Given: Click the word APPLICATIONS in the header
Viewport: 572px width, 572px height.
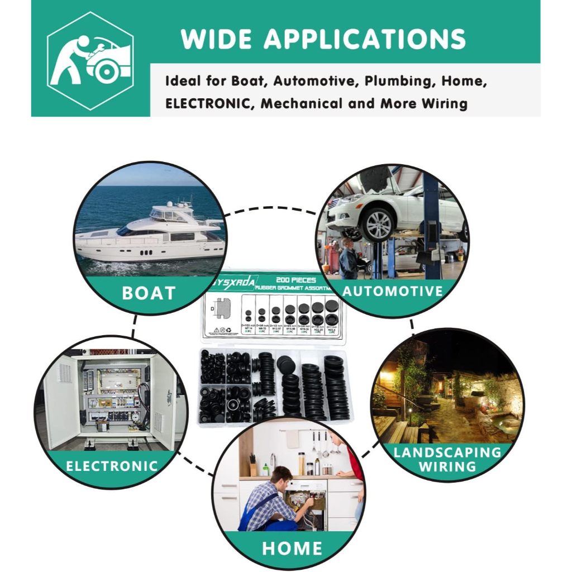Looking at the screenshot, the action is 364,39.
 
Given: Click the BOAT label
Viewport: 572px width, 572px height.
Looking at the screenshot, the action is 149,293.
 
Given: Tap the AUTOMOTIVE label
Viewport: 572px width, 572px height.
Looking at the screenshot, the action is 393,291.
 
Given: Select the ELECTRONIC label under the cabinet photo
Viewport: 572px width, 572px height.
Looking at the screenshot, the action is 112,466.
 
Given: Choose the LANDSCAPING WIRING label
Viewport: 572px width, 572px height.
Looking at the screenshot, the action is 447,459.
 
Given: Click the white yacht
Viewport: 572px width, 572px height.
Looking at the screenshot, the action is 151,235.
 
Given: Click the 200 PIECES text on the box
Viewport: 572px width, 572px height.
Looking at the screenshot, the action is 299,280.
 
